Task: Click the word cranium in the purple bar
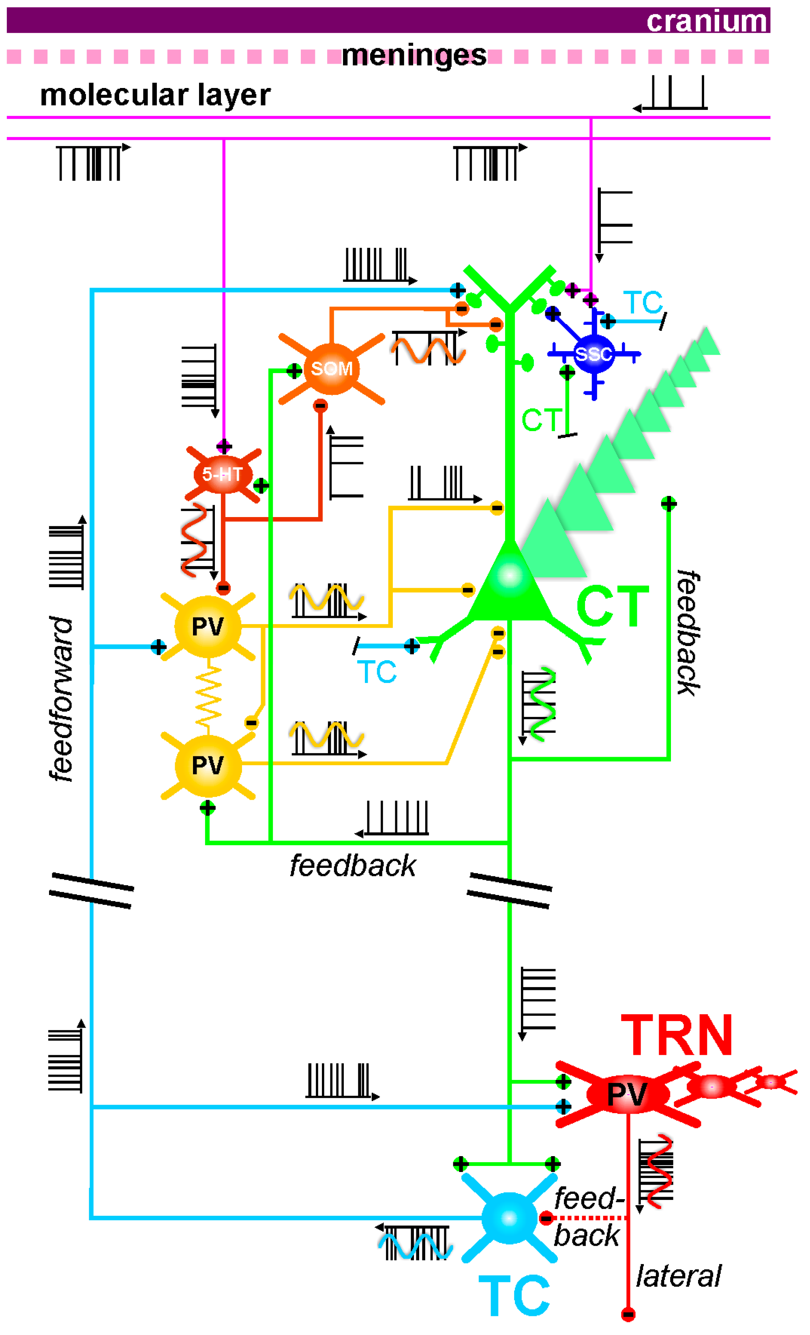pos(707,21)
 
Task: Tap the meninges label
pos(414,55)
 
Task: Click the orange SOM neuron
pos(331,369)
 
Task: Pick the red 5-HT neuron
pos(223,474)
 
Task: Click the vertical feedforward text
pos(61,699)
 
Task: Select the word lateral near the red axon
pos(678,1277)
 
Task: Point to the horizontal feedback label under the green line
pos(352,865)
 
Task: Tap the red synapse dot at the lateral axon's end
pos(628,1314)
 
